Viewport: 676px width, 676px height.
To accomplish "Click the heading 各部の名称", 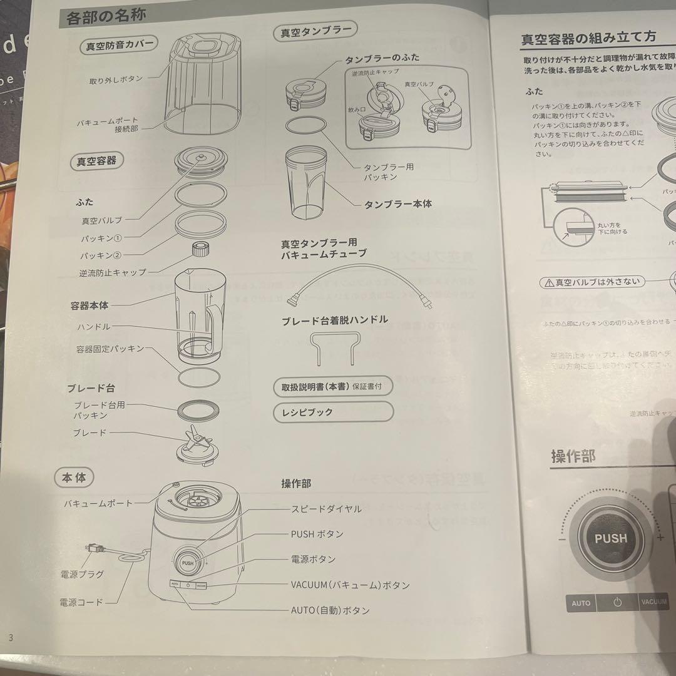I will (106, 16).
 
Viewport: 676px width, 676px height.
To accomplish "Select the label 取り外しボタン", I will (116, 79).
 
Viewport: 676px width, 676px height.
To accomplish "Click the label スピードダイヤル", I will (326, 509).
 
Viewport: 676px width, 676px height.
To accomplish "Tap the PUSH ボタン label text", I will (317, 534).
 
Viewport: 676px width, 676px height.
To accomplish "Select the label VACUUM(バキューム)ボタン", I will (350, 585).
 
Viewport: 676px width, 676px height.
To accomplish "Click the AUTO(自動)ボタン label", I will (330, 610).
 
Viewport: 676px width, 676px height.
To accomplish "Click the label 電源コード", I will (81, 602).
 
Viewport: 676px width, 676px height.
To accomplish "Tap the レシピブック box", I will (333, 412).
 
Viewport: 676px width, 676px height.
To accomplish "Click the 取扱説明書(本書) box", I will (333, 387).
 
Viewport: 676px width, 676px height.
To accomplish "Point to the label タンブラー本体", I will (398, 204).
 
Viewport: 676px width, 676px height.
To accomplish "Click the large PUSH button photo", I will (610, 538).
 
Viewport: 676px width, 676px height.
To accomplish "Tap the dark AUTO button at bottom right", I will (580, 603).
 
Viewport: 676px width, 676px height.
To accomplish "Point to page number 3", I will (10, 637).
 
